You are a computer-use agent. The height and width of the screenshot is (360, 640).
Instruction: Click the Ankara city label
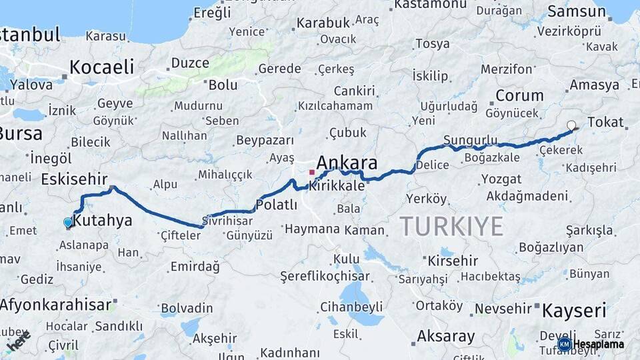[x=347, y=163]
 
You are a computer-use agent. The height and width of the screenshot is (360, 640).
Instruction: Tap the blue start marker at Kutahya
[x=68, y=223]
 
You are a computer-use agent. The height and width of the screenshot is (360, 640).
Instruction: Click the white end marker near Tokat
[x=571, y=125]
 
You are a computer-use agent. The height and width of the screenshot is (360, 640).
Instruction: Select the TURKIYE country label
[x=451, y=227]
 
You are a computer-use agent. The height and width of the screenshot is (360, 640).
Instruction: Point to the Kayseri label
[x=574, y=311]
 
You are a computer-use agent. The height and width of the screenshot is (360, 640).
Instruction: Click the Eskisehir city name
[x=74, y=179]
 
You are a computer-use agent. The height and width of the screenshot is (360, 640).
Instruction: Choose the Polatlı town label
[x=277, y=205]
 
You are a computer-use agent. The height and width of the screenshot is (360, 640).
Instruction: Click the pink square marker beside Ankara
[x=311, y=172]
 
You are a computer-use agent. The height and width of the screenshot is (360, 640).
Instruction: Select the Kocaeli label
[x=101, y=67]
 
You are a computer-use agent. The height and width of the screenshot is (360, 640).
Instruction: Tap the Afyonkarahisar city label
[x=55, y=305]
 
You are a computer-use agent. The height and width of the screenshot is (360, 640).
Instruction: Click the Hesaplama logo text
[x=599, y=344]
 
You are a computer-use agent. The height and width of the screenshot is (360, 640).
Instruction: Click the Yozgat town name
[x=501, y=179]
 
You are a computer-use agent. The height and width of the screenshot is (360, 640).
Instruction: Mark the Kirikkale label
[x=337, y=186]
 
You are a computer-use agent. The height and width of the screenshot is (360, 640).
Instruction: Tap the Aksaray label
[x=446, y=336]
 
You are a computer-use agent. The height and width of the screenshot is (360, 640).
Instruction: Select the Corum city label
[x=519, y=95]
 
